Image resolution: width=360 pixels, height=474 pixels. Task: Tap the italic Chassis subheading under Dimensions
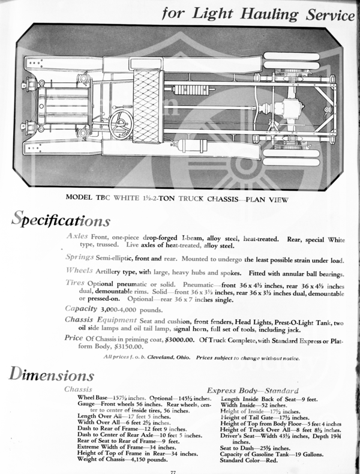tap(77, 389)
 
